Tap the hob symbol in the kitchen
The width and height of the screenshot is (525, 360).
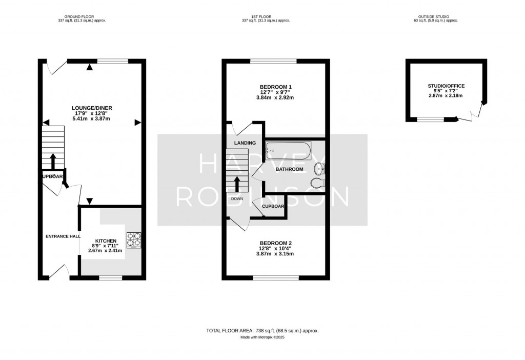134,239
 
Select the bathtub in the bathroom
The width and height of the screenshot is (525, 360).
288,151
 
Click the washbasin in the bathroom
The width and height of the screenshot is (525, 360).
320,168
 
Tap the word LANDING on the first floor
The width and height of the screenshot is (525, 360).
245,143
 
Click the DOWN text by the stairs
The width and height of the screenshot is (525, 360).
237,198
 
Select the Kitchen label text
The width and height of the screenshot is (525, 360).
106,241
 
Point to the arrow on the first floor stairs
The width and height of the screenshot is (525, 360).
237,185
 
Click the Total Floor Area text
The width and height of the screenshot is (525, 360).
266,331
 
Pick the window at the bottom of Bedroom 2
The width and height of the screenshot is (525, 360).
276,278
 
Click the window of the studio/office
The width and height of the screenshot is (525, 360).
430,119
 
